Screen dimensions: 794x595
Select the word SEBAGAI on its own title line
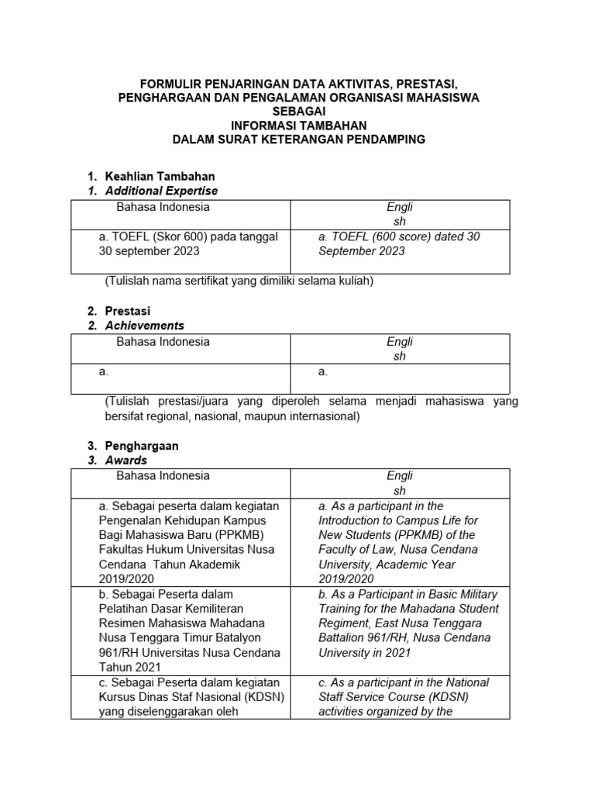298,111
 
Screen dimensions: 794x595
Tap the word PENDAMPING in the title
383,139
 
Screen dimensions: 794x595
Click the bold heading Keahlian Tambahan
160,176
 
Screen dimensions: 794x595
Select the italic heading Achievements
145,326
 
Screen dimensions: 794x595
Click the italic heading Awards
126,461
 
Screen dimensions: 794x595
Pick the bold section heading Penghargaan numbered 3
142,446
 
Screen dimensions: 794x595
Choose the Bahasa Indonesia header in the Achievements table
163,342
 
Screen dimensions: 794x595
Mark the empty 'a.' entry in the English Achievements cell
323,372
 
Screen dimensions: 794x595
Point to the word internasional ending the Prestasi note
324,416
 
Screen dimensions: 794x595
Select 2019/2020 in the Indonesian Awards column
127,579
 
